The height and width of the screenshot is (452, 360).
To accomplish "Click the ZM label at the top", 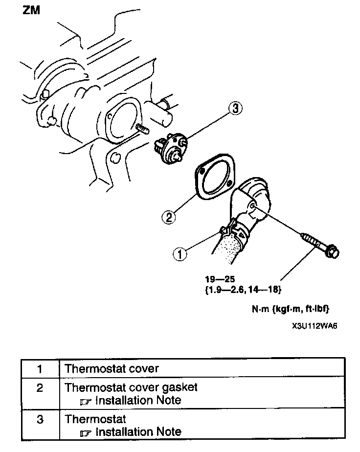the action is [32, 10].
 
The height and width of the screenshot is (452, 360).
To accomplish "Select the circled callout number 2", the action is [168, 216].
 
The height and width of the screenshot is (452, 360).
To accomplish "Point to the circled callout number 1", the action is [180, 253].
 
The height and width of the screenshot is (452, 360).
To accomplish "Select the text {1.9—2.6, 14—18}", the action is [243, 290].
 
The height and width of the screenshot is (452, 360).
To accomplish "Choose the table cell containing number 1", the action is [39, 368].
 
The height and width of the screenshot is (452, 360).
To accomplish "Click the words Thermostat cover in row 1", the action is [112, 368].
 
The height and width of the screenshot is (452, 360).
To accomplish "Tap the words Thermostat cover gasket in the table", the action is [131, 387].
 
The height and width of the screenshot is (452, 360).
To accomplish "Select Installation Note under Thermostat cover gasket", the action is [138, 400].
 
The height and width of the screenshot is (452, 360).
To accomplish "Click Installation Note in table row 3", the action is [138, 432].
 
